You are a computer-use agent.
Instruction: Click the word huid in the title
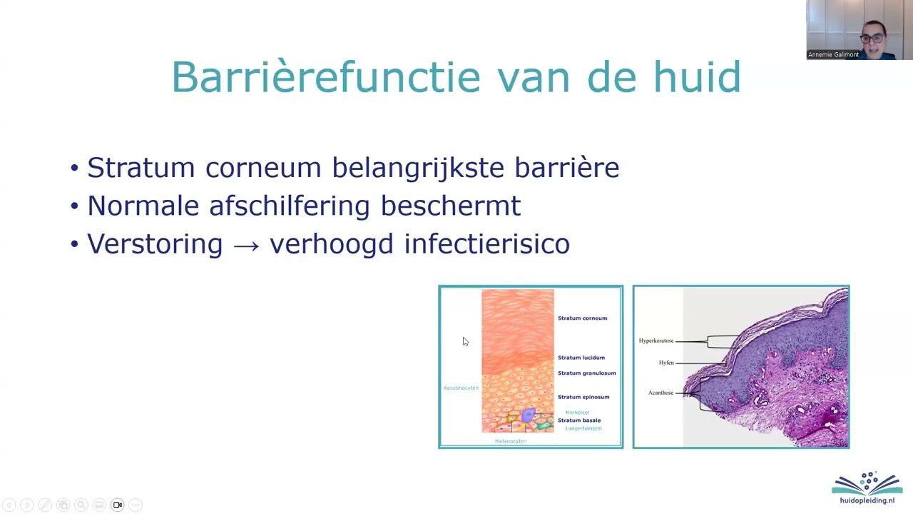(x=697, y=77)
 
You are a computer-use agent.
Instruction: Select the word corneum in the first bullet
(x=263, y=168)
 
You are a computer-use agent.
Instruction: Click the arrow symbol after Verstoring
(x=246, y=245)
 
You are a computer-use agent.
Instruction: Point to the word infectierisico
(x=486, y=244)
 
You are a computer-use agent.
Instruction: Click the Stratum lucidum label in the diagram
(x=581, y=358)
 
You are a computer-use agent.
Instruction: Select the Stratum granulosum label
(x=586, y=373)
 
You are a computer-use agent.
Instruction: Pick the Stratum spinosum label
(x=583, y=397)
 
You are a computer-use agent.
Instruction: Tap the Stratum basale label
(x=578, y=420)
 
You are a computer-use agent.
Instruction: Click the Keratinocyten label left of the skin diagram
(x=461, y=388)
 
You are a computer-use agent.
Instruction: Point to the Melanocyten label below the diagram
(x=510, y=441)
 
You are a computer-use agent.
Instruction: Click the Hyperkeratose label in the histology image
(x=656, y=341)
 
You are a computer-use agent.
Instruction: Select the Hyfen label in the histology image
(x=665, y=363)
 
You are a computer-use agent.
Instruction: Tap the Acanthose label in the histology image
(x=660, y=393)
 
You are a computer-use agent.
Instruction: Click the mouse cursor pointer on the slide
(x=465, y=341)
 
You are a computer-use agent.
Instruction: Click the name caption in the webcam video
(x=833, y=54)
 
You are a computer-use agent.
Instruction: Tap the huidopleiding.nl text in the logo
(x=867, y=500)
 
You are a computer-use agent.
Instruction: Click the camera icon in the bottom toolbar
(x=118, y=505)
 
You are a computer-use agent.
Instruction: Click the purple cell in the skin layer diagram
(x=528, y=415)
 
